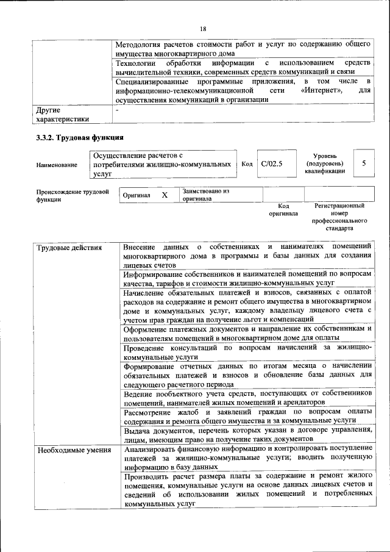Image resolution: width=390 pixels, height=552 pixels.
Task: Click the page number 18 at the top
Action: [x=203, y=29]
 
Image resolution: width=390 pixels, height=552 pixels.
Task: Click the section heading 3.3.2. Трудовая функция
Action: [x=80, y=137]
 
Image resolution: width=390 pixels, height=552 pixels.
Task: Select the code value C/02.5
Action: [x=271, y=164]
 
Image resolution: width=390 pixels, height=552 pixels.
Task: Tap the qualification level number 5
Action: [x=364, y=164]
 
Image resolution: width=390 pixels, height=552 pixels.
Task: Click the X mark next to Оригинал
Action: [x=165, y=195]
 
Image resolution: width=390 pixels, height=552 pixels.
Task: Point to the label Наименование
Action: [x=57, y=165]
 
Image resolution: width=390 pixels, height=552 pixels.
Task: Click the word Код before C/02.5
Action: [x=247, y=164]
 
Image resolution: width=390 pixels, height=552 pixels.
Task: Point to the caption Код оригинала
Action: [x=283, y=210]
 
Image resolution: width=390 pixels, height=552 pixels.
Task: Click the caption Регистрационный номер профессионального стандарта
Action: [x=339, y=218]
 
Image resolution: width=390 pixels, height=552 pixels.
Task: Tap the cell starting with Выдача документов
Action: [x=247, y=435]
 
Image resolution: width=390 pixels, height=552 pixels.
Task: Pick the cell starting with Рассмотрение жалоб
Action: [x=247, y=416]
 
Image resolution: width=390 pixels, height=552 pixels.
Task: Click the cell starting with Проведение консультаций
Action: [x=247, y=351]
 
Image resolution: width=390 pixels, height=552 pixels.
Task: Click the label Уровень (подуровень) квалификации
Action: [x=324, y=164]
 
